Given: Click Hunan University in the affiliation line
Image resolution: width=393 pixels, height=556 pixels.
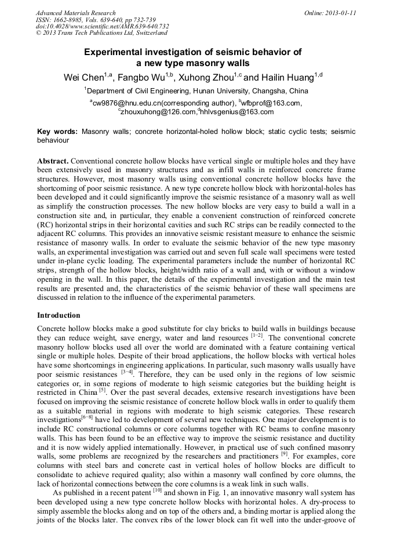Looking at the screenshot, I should pyautogui.click(x=221, y=91).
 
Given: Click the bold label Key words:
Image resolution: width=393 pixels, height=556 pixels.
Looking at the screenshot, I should pyautogui.click(x=57, y=132).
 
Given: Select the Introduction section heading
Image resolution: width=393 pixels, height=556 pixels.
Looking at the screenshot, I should pyautogui.click(x=59, y=315).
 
